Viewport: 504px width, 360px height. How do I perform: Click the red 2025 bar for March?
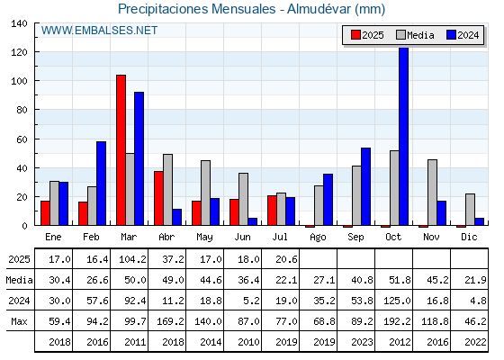pyautogui.click(x=121, y=150)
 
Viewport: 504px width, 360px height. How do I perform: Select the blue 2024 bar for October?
pyautogui.click(x=403, y=136)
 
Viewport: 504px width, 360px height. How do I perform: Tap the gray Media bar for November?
pyautogui.click(x=432, y=193)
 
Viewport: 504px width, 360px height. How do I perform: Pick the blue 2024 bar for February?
pyautogui.click(x=101, y=184)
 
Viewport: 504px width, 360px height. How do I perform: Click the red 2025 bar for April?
pyautogui.click(x=158, y=198)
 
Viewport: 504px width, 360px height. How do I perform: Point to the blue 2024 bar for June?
pyautogui.click(x=253, y=221)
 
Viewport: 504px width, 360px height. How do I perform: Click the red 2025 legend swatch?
pyautogui.click(x=355, y=35)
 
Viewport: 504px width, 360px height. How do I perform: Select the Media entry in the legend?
pyautogui.click(x=415, y=35)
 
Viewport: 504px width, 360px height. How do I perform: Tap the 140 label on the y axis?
pyautogui.click(x=20, y=23)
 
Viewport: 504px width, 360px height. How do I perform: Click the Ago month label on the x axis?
pyautogui.click(x=318, y=238)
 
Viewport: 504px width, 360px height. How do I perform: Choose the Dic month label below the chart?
pyautogui.click(x=469, y=237)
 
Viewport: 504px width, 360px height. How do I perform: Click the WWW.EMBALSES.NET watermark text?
pyautogui.click(x=99, y=31)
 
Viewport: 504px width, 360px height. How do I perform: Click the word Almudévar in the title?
pyautogui.click(x=319, y=9)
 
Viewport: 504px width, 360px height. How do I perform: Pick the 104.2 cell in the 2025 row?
pyautogui.click(x=133, y=259)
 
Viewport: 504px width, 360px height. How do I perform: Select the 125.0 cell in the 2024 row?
pyautogui.click(x=397, y=301)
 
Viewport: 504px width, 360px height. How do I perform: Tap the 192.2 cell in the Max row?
pyautogui.click(x=397, y=321)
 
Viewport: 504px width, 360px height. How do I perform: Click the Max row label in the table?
pyautogui.click(x=19, y=321)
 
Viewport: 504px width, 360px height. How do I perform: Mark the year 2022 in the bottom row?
pyautogui.click(x=475, y=342)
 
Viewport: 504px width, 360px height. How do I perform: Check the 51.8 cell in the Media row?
pyautogui.click(x=400, y=280)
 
